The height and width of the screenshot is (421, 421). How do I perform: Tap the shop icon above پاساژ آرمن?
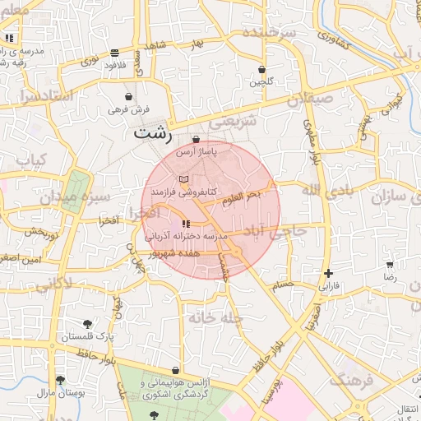[196, 139]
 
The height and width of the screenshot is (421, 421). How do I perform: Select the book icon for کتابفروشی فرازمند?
[184, 178]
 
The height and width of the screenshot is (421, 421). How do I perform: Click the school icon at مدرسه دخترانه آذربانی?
[186, 223]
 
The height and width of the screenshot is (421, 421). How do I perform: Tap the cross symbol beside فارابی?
[329, 273]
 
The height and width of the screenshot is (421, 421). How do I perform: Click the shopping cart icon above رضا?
[389, 265]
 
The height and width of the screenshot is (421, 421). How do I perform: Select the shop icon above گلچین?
[261, 70]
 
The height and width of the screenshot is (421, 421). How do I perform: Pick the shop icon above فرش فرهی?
[127, 96]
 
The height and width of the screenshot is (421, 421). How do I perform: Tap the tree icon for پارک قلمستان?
[88, 323]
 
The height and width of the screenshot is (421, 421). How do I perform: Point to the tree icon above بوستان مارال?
[60, 380]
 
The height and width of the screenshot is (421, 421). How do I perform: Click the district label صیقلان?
[311, 100]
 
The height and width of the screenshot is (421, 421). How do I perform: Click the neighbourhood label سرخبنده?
[268, 33]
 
